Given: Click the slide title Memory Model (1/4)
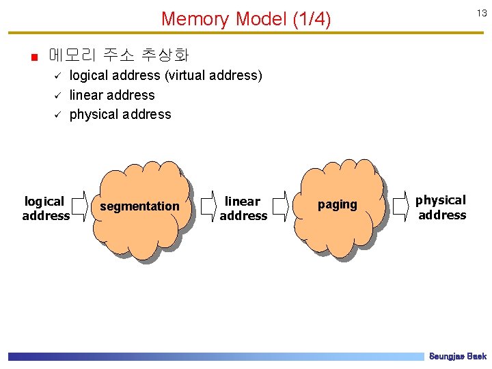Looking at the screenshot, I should coord(246,19).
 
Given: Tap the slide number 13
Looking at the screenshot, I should coord(481,14).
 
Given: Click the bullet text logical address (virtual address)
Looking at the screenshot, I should coord(166,76).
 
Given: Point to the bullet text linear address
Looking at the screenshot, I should coord(112,95).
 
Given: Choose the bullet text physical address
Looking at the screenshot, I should coord(120,114).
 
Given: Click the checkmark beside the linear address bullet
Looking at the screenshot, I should coord(58,96).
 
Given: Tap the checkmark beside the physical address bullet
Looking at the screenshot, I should coord(58,115).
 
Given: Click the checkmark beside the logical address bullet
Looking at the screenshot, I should coord(58,77).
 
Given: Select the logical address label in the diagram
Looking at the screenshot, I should coord(45,208).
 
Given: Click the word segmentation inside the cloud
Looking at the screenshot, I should coord(139,206).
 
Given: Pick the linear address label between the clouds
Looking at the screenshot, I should coord(243,208).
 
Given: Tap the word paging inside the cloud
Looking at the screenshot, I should coord(337,204).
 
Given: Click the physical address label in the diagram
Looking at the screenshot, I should coord(441,207).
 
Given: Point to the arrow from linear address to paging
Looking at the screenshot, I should coord(280,206).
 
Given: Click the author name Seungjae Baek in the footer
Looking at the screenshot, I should coord(457,357).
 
